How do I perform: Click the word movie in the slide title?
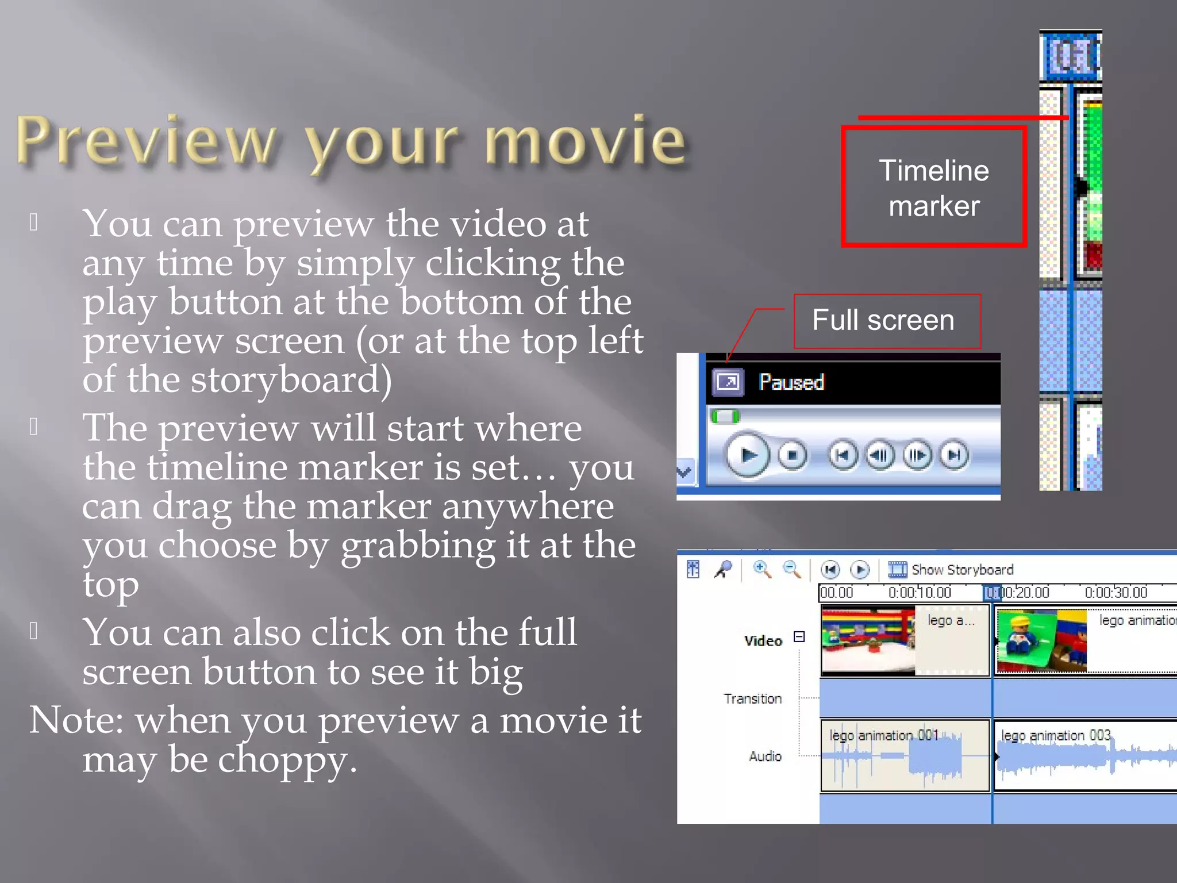click(585, 140)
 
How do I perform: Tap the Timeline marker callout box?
click(934, 187)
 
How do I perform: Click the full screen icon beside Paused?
click(728, 382)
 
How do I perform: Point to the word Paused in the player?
click(791, 382)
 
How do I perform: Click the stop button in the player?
click(793, 455)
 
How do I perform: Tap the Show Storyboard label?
click(962, 570)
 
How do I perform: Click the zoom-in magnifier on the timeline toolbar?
click(761, 569)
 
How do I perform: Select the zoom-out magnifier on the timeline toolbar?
click(791, 569)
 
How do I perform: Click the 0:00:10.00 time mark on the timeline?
click(920, 593)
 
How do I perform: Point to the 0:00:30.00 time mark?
click(1116, 593)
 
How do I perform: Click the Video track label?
click(763, 641)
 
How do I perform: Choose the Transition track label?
click(753, 699)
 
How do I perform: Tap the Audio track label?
click(765, 757)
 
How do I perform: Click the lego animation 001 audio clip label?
click(883, 736)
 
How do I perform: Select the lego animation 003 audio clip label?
click(1055, 736)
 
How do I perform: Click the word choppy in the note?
click(287, 760)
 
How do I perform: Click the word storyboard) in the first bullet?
click(291, 381)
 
